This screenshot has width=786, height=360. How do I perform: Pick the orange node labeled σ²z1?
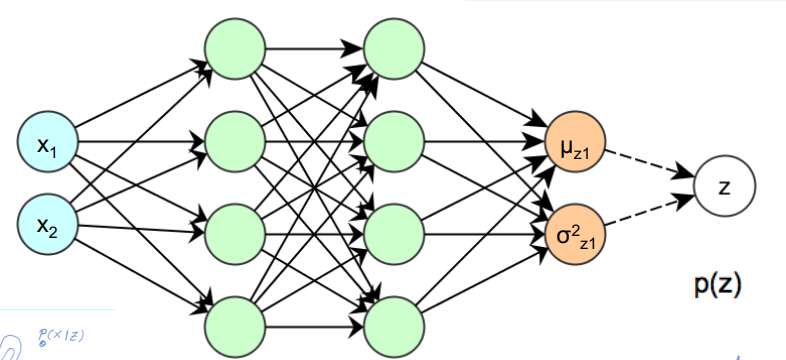coord(575,231)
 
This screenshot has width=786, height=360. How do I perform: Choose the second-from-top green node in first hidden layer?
coord(234,141)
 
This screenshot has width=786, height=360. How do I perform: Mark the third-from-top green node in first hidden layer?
coord(234,232)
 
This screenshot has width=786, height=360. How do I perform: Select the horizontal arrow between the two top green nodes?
coord(314,46)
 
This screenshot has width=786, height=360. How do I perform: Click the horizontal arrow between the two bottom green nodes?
coord(314,325)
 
